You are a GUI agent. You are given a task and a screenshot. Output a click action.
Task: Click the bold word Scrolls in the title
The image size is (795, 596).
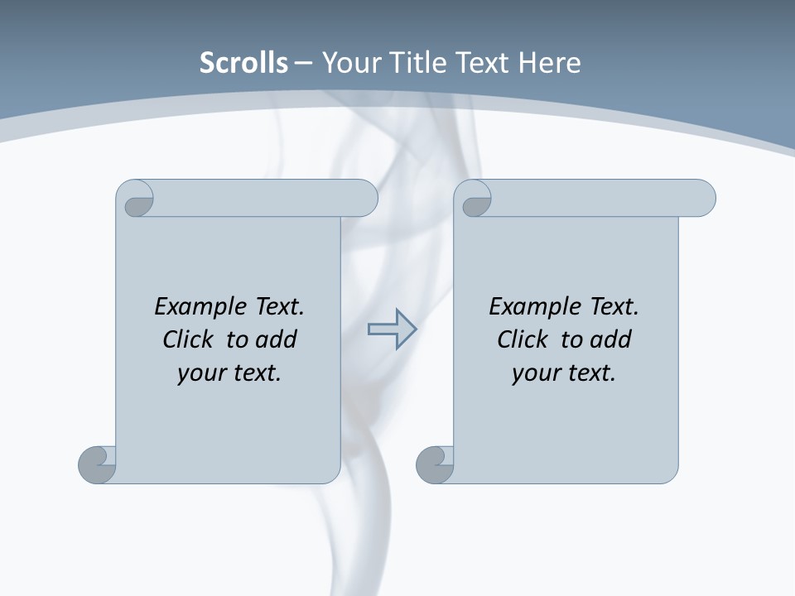pos(243,63)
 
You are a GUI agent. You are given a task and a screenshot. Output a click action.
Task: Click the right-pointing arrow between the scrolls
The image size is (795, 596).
pos(392,329)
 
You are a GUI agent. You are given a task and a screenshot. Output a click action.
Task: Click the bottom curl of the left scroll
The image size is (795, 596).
pos(98,464)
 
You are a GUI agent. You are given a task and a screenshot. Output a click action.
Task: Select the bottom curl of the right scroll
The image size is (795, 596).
pos(435,464)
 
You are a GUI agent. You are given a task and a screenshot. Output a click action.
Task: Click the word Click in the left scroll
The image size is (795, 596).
pos(188,339)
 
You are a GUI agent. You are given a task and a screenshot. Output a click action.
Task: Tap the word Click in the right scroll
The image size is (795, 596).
pos(523,339)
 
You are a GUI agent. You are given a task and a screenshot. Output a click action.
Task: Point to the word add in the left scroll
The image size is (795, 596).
pos(276,339)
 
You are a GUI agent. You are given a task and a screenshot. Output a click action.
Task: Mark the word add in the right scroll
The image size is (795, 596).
pos(610,339)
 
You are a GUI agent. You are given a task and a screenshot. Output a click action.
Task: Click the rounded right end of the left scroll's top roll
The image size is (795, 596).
pos(364,198)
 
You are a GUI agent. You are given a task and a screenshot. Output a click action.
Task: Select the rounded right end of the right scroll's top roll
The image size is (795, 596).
pos(702,198)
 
